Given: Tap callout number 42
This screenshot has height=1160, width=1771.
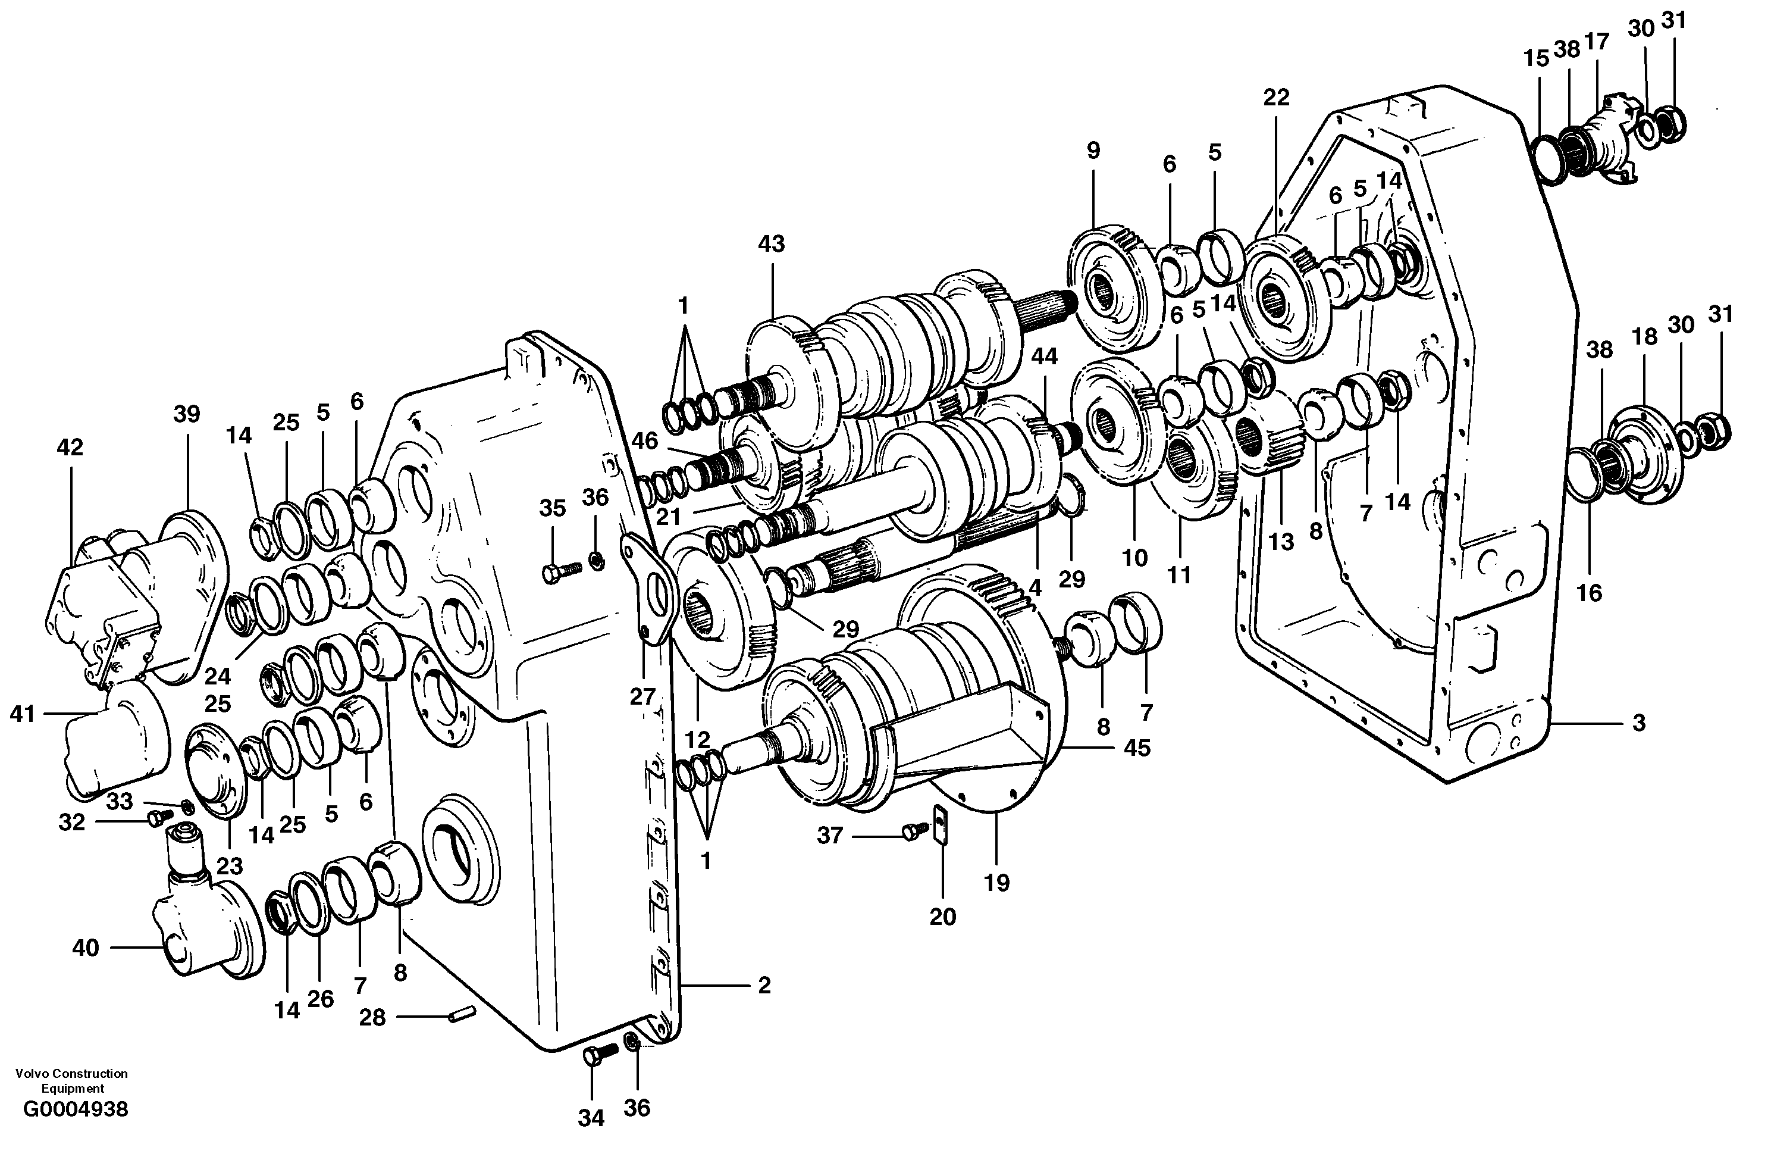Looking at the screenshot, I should (x=70, y=448).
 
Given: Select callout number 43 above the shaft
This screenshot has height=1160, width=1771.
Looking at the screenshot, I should (x=772, y=244).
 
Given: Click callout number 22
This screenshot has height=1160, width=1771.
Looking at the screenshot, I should (x=1275, y=98).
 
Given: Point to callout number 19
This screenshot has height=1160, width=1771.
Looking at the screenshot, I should (x=996, y=883).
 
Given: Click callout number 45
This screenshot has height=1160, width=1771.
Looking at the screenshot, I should (x=1137, y=748).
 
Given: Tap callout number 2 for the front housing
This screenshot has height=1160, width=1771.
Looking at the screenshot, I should (x=764, y=986).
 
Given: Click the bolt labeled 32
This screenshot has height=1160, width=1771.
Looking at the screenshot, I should (x=158, y=819).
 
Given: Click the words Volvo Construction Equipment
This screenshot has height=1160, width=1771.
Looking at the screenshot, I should (x=71, y=1080).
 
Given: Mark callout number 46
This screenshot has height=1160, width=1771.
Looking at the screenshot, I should (x=644, y=442).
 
